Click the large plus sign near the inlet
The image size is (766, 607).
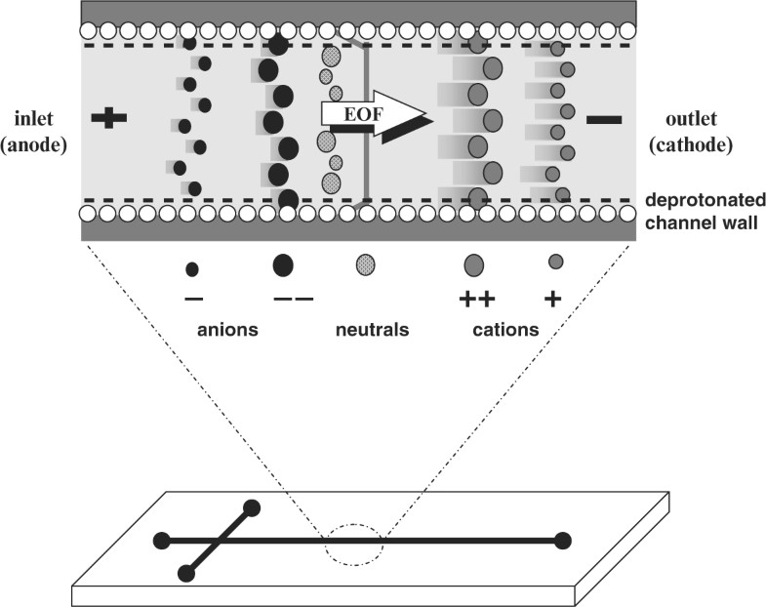[x=108, y=118]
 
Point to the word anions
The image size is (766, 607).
[x=226, y=329]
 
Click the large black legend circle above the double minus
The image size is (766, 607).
[x=283, y=263]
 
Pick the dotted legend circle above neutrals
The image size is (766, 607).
[x=366, y=263]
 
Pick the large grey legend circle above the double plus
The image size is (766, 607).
[x=473, y=263]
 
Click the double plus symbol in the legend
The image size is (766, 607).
[x=473, y=299]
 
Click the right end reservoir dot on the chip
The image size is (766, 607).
[x=561, y=540]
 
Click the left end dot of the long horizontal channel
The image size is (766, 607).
[x=161, y=540]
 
